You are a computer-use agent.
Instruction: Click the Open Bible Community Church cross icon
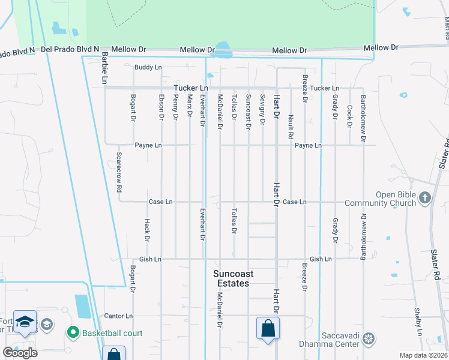click(x=425, y=198)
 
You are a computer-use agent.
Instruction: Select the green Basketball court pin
click(x=73, y=332)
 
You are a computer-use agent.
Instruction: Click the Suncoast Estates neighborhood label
click(x=234, y=278)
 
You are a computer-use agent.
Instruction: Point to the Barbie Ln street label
click(x=104, y=67)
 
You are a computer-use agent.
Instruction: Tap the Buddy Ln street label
click(x=148, y=67)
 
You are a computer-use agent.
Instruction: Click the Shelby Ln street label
click(x=417, y=321)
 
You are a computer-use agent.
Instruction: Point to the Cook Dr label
click(x=349, y=116)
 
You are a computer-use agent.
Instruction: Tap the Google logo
click(x=20, y=353)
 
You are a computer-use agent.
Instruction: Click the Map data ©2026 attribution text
click(x=424, y=355)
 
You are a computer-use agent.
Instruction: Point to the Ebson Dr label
click(x=161, y=107)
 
